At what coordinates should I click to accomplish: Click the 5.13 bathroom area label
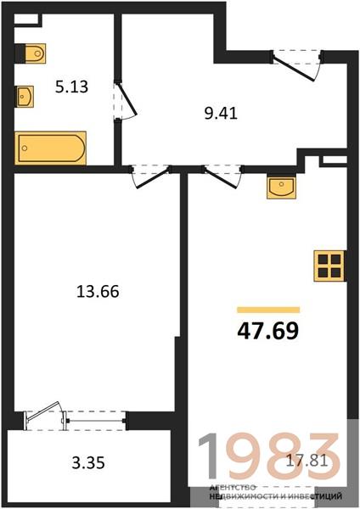pos(71,87)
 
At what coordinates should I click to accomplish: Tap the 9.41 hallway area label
pos(221,114)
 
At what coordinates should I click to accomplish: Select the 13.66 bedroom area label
pos(98,291)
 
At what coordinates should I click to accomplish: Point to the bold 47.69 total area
pos(268,331)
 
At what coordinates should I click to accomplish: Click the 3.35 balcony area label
pos(88,463)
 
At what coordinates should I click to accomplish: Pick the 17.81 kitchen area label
pos(307,461)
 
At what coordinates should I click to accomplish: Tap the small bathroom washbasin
pos(25,97)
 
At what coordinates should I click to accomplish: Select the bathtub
pos(50,148)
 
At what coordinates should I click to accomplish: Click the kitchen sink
pos(281,187)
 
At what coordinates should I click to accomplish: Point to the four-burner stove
pos(329,266)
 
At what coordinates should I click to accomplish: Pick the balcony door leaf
pos(43,412)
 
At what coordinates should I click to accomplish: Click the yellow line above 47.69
pos(268,310)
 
